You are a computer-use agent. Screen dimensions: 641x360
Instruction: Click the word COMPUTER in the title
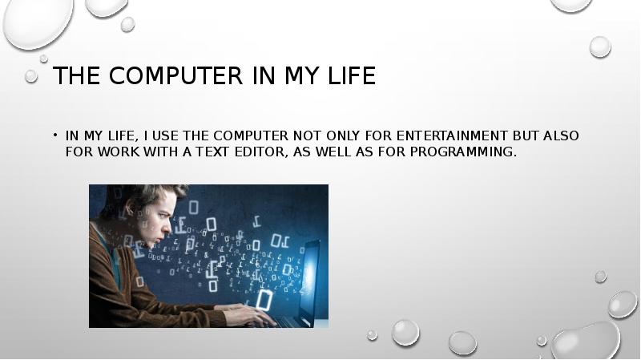pyautogui.click(x=175, y=75)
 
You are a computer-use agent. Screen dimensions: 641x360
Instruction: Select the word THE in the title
pyautogui.click(x=76, y=75)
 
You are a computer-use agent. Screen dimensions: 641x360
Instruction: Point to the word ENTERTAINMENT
pyautogui.click(x=452, y=136)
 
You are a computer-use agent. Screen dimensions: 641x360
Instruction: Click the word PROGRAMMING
pyautogui.click(x=463, y=152)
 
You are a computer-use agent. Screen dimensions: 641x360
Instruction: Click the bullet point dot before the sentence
pyautogui.click(x=54, y=135)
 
